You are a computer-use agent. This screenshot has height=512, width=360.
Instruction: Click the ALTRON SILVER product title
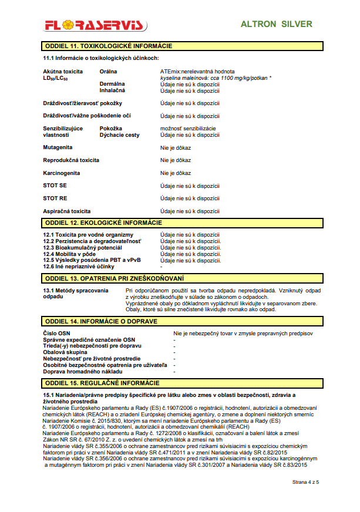point(277,25)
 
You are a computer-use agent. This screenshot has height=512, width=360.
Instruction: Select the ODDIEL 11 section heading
point(109,45)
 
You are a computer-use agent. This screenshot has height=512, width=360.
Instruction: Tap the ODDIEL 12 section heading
point(103,223)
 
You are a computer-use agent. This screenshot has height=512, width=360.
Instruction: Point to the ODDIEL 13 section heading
point(114,278)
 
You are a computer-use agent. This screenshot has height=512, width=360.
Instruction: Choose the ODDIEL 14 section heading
point(101,321)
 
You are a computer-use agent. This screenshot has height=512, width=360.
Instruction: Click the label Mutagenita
point(58,147)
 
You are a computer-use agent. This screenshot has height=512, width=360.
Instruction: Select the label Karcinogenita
point(61,173)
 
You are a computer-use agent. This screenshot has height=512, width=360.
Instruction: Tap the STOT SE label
point(55,186)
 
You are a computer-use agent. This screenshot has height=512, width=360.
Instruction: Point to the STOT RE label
point(55,198)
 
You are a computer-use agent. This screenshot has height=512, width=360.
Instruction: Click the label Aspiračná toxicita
point(66,211)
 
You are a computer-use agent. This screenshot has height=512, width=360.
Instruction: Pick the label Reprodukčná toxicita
point(71,160)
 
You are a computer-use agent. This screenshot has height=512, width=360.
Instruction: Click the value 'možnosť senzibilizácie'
point(188,128)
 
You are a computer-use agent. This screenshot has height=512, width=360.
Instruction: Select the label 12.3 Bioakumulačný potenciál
point(82,248)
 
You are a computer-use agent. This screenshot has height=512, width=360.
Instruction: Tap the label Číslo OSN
point(56,333)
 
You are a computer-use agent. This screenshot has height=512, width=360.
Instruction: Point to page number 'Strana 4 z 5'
point(305,482)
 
